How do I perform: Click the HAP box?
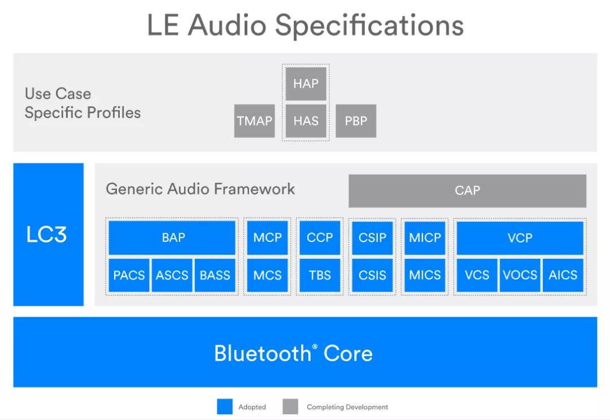(x=306, y=84)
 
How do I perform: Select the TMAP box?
(x=254, y=121)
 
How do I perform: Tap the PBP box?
(x=356, y=121)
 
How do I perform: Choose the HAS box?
(x=306, y=121)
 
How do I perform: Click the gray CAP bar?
(x=467, y=190)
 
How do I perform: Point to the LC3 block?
(x=48, y=235)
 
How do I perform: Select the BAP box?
(x=172, y=237)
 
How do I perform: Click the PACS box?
(x=129, y=275)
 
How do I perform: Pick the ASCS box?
(x=172, y=275)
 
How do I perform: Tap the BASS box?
(x=215, y=275)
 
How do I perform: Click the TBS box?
(x=320, y=275)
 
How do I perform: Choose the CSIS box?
(x=372, y=275)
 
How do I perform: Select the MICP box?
(x=425, y=237)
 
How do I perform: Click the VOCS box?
(x=520, y=275)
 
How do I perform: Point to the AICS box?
(x=563, y=275)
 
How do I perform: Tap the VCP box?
(x=520, y=237)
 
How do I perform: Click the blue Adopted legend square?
(x=225, y=406)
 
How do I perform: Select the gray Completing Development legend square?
(x=290, y=406)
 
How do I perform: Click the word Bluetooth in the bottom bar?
(x=262, y=353)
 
